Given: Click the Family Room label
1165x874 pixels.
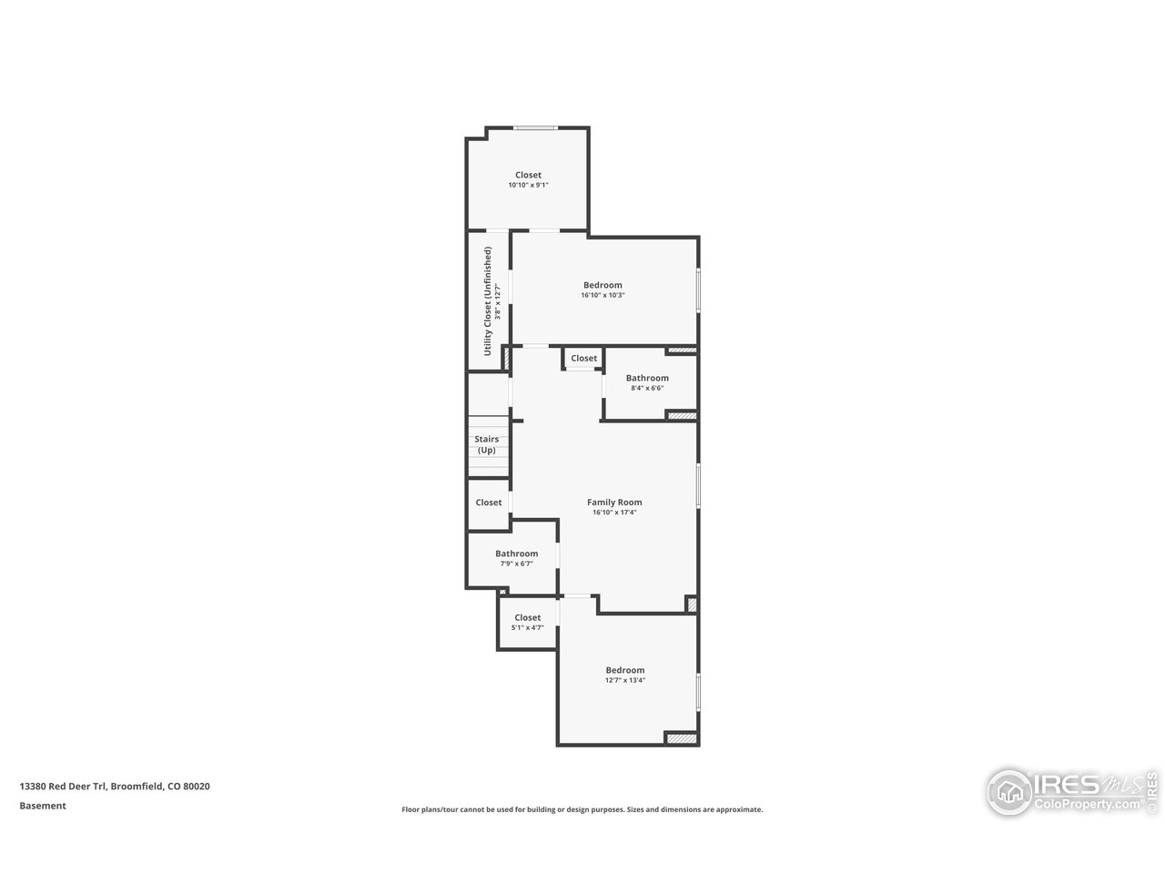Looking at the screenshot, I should point(614,502).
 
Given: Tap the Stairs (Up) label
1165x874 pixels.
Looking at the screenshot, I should point(487,444).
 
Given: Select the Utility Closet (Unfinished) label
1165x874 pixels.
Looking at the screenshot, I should point(488,300).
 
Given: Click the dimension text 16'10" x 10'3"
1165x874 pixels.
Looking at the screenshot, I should point(603,295).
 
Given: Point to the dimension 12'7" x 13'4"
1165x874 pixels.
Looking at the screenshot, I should point(625,680).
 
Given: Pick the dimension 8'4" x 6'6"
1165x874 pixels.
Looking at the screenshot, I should point(647,388).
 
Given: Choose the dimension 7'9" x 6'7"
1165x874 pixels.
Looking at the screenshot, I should point(516,564).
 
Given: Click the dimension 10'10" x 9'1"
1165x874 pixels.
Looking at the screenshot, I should point(528,185).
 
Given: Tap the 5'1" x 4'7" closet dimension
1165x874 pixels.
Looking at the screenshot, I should point(527,627).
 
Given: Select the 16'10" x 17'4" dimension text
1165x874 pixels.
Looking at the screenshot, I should point(614,512).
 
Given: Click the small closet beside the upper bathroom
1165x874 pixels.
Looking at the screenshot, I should point(583,359).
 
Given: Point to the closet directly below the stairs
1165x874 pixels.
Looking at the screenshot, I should point(489,503).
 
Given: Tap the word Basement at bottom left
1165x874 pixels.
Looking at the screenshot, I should point(43,806).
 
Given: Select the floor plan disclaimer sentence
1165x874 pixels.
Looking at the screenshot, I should point(582,809).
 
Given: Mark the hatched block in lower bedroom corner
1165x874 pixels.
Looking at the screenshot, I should point(681,738).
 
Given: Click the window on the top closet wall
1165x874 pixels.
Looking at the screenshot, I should point(535,127).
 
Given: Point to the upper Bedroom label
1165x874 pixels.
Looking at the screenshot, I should point(603,285).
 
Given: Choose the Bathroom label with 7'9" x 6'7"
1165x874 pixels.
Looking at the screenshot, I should point(516,554).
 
